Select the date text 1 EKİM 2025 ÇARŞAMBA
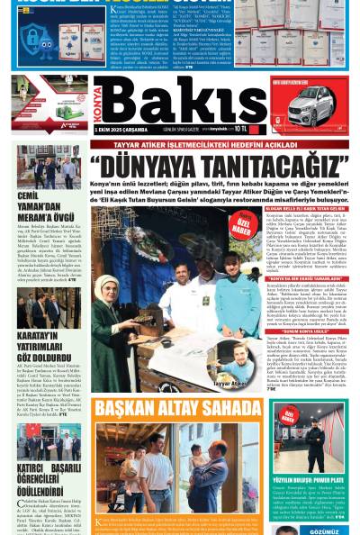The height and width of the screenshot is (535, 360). point(122,131)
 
